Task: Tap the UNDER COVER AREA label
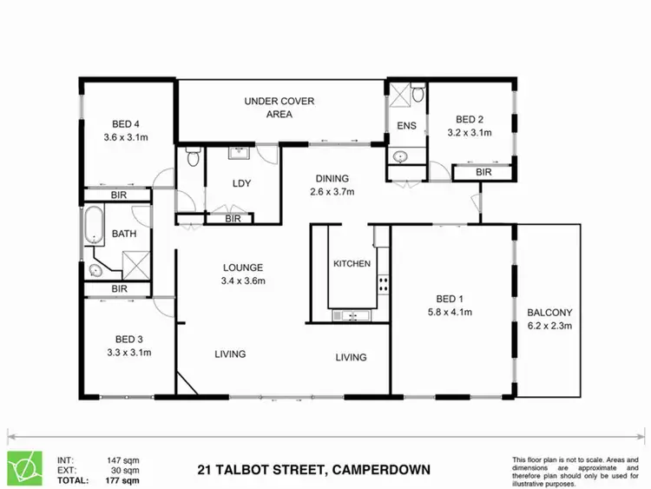click(279, 102)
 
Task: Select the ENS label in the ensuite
click(405, 126)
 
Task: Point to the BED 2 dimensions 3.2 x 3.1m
click(469, 133)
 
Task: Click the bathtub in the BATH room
click(94, 226)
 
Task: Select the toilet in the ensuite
click(418, 92)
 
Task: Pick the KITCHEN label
click(352, 264)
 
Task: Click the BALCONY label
click(549, 313)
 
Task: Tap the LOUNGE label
click(242, 268)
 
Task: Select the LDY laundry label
click(241, 183)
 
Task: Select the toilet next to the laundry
click(192, 158)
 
